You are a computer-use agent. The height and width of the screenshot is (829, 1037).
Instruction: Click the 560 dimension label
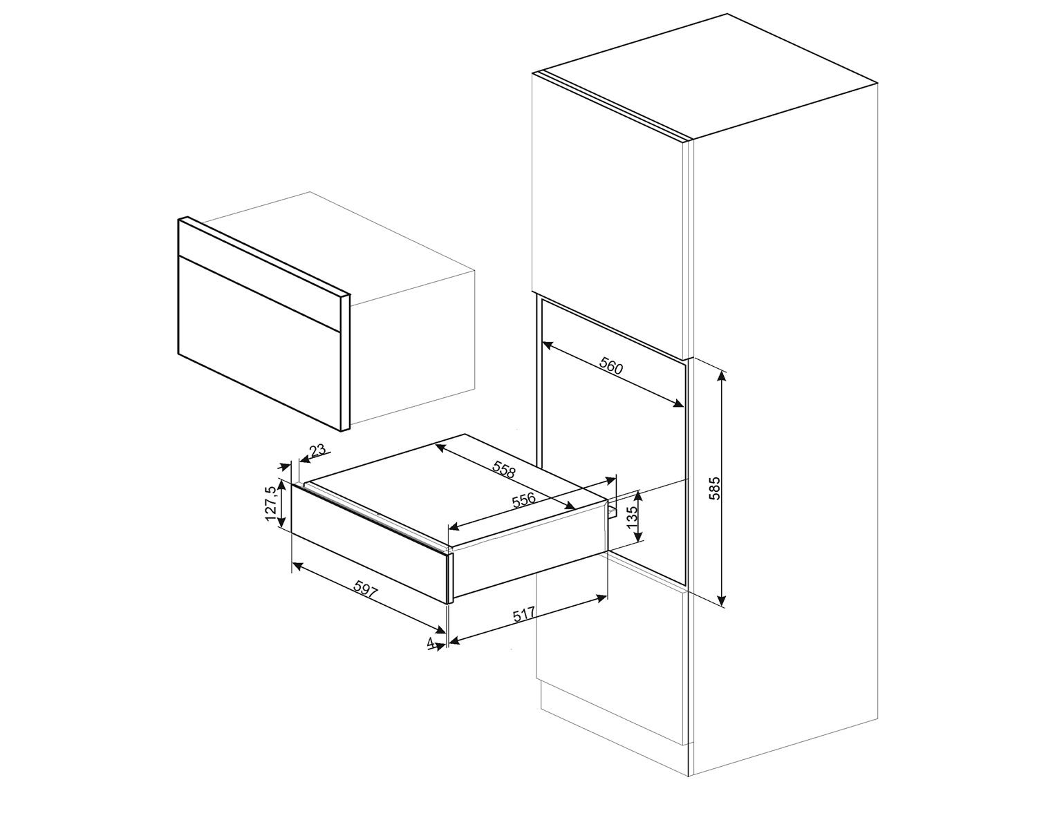611,366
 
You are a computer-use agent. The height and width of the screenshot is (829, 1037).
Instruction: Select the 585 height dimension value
715,488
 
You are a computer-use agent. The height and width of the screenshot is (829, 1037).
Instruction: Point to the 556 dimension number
523,499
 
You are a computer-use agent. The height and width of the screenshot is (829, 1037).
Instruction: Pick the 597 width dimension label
366,589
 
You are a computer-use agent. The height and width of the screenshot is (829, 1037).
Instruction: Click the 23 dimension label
317,451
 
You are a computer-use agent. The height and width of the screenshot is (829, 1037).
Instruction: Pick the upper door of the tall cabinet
608,207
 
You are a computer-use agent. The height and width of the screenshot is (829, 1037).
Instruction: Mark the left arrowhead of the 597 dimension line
296,565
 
